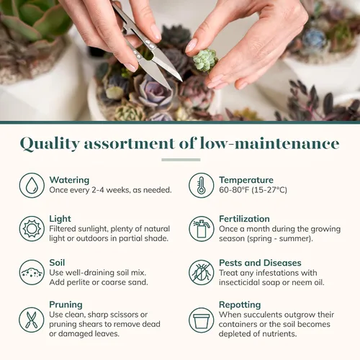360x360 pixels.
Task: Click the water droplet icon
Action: point(32,185)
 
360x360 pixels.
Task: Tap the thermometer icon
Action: point(201,185)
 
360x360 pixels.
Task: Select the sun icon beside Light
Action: point(32,229)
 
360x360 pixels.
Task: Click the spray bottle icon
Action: point(201,229)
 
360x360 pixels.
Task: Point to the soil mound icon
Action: point(32,272)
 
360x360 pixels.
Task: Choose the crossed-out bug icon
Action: point(201,272)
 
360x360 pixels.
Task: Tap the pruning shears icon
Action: point(32,320)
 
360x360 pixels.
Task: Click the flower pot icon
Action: point(201,320)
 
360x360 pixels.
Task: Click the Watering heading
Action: point(69,180)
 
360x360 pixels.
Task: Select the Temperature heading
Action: point(246,180)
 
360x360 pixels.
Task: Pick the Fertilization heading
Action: point(244,219)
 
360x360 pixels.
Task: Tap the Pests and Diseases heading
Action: point(260,263)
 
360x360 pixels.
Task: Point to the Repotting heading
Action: point(240,305)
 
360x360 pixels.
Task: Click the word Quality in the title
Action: point(50,144)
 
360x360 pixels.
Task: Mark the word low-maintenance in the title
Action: point(269,143)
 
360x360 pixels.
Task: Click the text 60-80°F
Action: point(234,190)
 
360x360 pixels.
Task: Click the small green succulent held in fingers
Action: point(205,60)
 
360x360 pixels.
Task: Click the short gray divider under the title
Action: point(181,160)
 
